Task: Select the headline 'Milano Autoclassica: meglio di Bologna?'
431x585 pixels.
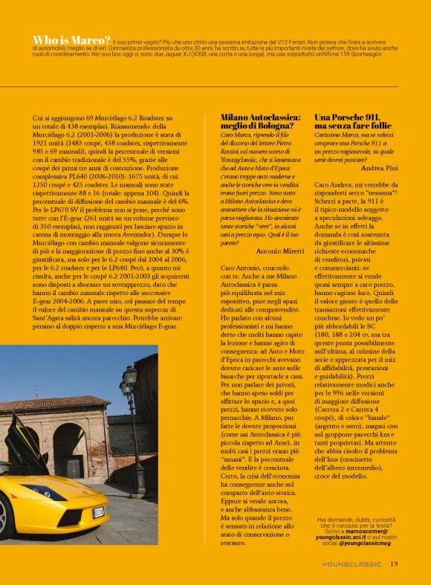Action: (260, 122)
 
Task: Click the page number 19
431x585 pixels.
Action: (394, 563)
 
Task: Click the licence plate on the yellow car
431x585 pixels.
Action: (98, 512)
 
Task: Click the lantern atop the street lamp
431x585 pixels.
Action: (130, 377)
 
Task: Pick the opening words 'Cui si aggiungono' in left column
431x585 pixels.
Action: (60, 118)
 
